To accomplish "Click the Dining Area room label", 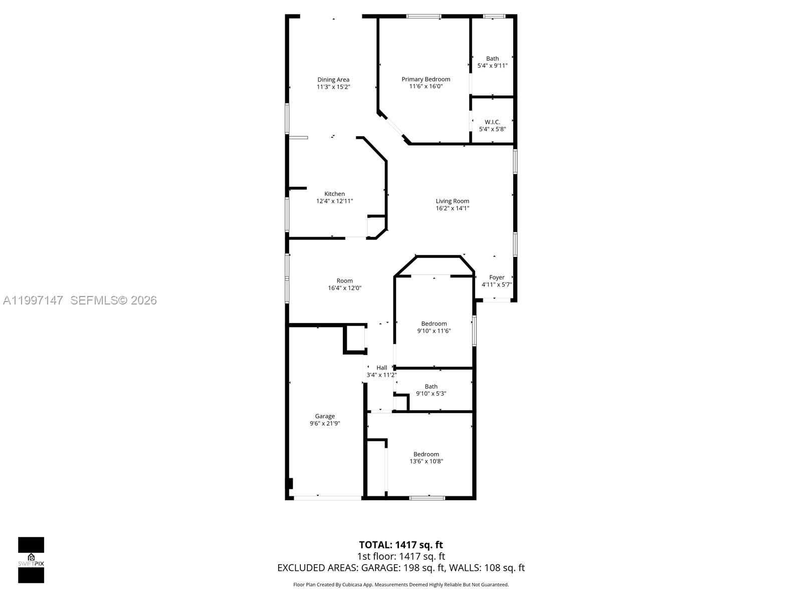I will pyautogui.click(x=333, y=80).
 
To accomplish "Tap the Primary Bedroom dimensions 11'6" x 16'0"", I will pyautogui.click(x=426, y=86).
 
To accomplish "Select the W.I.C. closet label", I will pyautogui.click(x=492, y=122).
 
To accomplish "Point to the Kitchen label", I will pyautogui.click(x=334, y=194).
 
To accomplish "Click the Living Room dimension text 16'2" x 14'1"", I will pyautogui.click(x=452, y=208).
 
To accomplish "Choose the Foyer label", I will pyautogui.click(x=496, y=277).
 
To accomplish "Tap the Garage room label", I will pyautogui.click(x=325, y=416).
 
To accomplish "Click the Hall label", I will pyautogui.click(x=381, y=368).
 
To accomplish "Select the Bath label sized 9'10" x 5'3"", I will pyautogui.click(x=431, y=387).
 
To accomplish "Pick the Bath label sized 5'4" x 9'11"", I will pyautogui.click(x=492, y=59).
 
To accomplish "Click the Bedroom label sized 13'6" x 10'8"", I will pyautogui.click(x=426, y=454).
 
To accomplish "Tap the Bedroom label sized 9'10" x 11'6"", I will pyautogui.click(x=434, y=324).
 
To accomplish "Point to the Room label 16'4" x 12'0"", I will pyautogui.click(x=344, y=281).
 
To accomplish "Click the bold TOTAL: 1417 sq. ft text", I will pyautogui.click(x=400, y=545).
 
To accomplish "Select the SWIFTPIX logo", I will pyautogui.click(x=31, y=560).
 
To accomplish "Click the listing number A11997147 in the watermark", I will pyautogui.click(x=33, y=300).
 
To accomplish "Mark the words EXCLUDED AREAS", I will pyautogui.click(x=317, y=568).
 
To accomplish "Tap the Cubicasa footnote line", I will pyautogui.click(x=400, y=584).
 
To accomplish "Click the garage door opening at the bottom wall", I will pyautogui.click(x=327, y=498).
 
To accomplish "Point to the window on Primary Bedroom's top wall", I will pyautogui.click(x=424, y=17).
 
